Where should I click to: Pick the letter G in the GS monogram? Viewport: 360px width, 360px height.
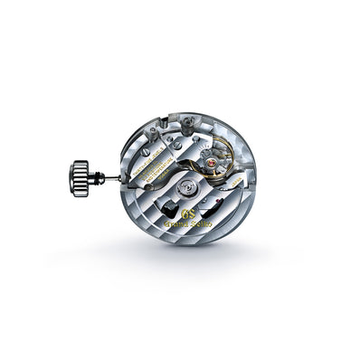[184, 214]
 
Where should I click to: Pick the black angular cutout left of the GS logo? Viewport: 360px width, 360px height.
[164, 204]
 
